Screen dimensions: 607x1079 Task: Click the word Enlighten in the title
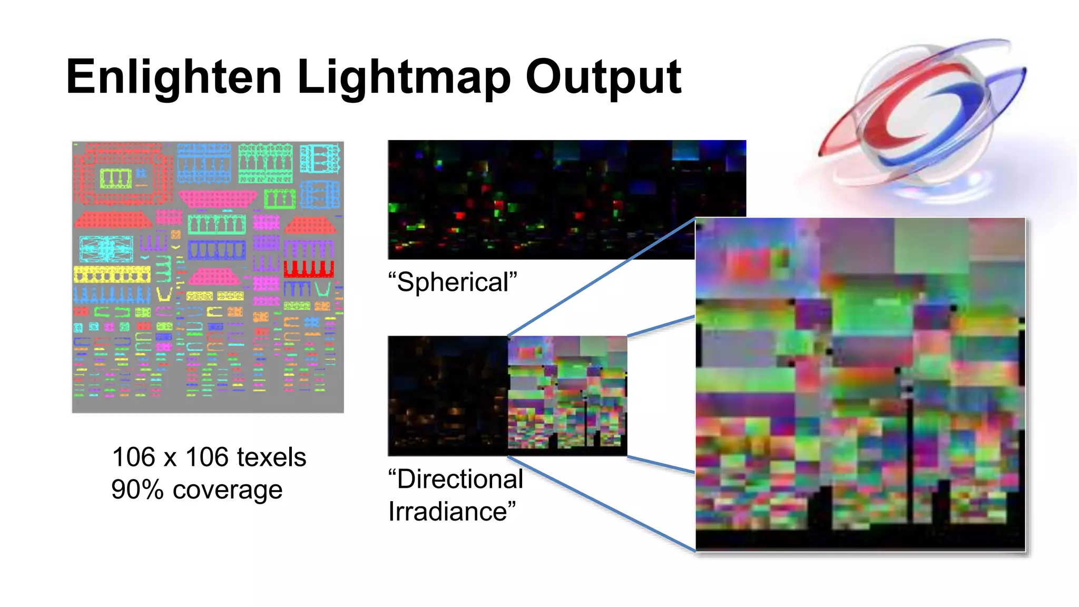(174, 77)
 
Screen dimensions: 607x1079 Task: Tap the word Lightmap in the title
(404, 77)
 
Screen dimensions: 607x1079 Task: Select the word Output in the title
(603, 77)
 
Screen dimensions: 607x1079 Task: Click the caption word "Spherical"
(453, 282)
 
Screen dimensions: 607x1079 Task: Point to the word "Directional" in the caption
(456, 479)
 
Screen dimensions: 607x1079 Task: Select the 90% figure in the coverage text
(138, 489)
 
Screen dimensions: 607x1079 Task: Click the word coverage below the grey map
(228, 491)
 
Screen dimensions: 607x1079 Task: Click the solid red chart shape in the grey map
(309, 268)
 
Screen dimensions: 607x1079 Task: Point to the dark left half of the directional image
(448, 395)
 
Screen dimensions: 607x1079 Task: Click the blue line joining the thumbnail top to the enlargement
(601, 277)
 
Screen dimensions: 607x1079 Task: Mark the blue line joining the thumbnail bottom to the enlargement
(601, 503)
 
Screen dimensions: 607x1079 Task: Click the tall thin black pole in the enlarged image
(910, 458)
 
